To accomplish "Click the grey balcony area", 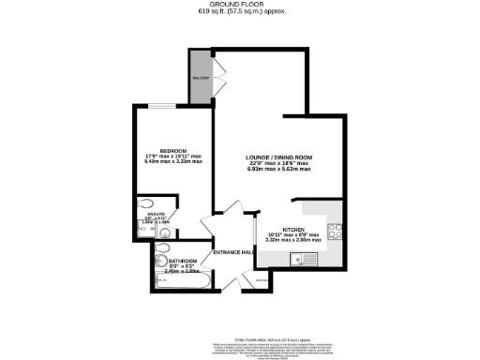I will (200, 76).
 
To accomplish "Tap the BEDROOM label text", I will (174, 150).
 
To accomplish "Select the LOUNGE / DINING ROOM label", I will (278, 156).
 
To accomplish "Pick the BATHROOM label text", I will (183, 260).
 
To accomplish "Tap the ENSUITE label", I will (157, 216).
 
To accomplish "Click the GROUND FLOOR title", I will (241, 4).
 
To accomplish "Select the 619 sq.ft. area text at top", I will (240, 11).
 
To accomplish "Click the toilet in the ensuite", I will (142, 204).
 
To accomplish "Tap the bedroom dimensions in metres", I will (174, 161).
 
